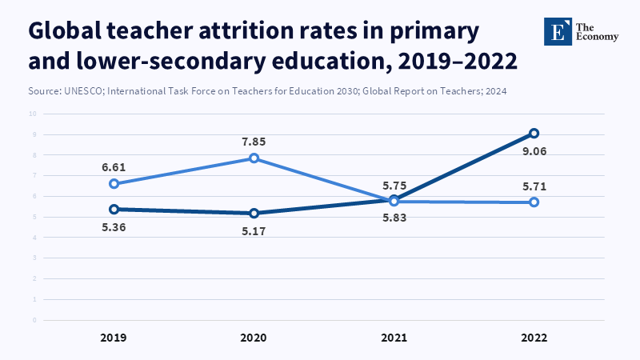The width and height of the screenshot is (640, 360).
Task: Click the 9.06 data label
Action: coord(534,151)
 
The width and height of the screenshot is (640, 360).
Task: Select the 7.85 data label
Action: coord(254,142)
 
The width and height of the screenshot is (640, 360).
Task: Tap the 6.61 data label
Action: coord(114,167)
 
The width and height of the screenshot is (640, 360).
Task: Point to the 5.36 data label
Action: coord(114,227)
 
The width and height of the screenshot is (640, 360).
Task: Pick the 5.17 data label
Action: coord(254,231)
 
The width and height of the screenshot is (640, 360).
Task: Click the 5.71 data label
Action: coord(534,187)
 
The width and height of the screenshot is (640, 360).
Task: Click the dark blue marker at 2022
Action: coord(534,133)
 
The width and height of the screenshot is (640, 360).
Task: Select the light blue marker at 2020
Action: coord(254,158)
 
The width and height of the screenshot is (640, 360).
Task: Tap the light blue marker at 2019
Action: coord(114,184)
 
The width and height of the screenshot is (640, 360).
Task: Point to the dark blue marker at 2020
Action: coord(254,214)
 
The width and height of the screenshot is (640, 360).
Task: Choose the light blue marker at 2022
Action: coord(534,202)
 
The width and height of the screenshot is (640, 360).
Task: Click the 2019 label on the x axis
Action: coord(114,338)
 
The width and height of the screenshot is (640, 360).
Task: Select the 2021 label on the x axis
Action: coord(394,338)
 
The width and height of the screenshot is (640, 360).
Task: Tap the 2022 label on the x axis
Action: coord(534,338)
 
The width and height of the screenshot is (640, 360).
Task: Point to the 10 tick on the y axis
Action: coord(34,114)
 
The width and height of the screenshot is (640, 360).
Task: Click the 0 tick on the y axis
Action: coord(35,320)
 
